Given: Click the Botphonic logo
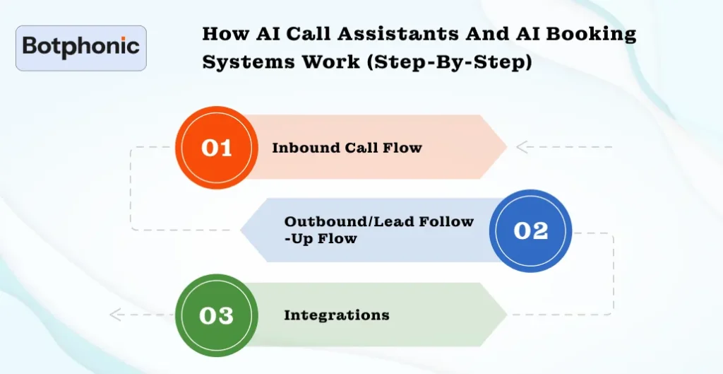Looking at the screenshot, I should tap(80, 48).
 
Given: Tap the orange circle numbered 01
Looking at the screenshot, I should tap(216, 147).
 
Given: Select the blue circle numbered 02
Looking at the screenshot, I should tap(530, 230).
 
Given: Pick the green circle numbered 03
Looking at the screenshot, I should tap(216, 315).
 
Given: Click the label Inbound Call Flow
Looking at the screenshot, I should tap(347, 148).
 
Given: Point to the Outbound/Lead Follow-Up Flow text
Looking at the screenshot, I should tap(378, 230).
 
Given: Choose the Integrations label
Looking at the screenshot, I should tap(336, 315).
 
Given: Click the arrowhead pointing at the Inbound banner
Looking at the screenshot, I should tap(522, 147).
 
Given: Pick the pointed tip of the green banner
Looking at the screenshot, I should tap(506, 315).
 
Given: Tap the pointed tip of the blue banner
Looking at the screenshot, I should tap(242, 230).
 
